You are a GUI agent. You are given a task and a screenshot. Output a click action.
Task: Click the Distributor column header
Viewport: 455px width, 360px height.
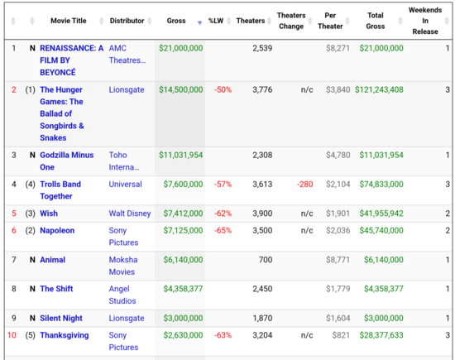pos(127,21)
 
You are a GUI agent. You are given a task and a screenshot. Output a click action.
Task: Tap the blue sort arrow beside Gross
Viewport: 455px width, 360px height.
pos(199,22)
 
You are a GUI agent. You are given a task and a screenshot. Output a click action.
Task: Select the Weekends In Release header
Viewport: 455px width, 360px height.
pos(425,21)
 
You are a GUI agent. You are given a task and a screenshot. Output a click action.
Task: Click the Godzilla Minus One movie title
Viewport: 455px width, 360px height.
pos(67,161)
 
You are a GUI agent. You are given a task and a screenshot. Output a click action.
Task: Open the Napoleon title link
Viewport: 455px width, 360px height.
pos(57,231)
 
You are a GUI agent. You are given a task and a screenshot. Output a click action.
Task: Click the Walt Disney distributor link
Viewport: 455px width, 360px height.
pos(130,214)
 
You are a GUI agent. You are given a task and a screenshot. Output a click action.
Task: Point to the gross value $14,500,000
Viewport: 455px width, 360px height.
pos(181,89)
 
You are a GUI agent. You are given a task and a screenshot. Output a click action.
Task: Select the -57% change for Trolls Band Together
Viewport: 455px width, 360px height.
pos(223,184)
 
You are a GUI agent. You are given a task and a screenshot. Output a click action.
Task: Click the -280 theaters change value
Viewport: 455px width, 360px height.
pos(305,184)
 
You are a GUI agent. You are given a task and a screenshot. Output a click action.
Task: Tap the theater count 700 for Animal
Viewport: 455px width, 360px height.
pos(266,260)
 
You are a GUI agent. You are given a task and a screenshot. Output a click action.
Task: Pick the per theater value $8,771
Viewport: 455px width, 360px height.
pos(338,260)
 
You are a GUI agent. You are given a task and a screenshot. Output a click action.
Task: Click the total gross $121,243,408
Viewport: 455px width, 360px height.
pos(379,89)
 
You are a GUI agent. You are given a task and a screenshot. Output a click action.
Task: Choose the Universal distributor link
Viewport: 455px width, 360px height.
pos(126,184)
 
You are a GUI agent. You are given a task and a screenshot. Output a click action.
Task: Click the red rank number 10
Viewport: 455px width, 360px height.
pos(12,335)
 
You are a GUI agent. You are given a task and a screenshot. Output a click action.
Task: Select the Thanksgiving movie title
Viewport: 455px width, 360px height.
pos(65,335)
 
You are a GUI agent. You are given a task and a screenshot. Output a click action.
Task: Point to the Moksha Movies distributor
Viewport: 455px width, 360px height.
pos(123,266)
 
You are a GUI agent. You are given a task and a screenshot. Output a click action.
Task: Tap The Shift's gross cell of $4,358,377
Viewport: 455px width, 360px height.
pos(183,289)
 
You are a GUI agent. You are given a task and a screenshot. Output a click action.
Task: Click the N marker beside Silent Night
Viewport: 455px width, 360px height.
pos(32,318)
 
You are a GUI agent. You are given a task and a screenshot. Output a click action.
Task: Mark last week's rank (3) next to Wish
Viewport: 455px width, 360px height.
pos(30,214)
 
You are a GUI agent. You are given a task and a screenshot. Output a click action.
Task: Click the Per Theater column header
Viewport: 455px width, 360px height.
pos(330,21)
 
